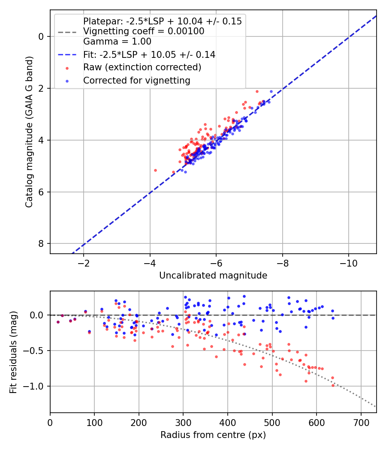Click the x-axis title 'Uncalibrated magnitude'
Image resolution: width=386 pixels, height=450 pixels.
[x=213, y=276]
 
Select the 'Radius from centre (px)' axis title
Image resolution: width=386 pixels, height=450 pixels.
[x=213, y=435]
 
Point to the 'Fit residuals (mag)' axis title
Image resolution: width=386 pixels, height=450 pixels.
[x=14, y=352]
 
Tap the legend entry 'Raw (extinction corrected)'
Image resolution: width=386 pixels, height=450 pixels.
[x=142, y=67]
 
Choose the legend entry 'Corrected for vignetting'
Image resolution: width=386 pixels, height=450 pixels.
[x=137, y=80]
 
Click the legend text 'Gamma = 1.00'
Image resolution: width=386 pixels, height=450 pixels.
[x=117, y=42]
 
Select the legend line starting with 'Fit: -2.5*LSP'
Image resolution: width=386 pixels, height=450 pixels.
[x=149, y=54]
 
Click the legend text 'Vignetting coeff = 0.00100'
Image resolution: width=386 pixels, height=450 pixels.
[x=144, y=31]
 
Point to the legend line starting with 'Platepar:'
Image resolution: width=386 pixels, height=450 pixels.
[x=162, y=21]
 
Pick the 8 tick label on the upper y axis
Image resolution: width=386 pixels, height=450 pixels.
[x=41, y=244]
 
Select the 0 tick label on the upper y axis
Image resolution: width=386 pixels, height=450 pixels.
[x=41, y=36]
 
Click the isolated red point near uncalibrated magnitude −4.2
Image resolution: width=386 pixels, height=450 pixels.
[x=155, y=170]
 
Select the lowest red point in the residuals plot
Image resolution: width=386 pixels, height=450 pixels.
[x=333, y=385]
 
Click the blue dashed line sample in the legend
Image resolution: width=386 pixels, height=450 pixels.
[x=67, y=54]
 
